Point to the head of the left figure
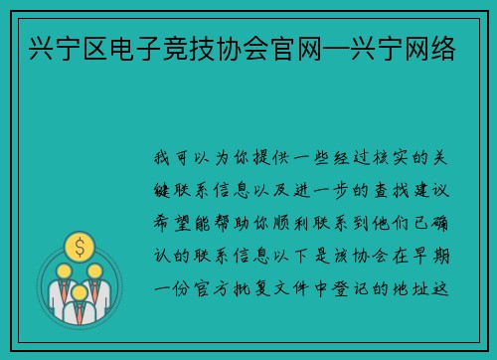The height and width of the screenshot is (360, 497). pos(62,270)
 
